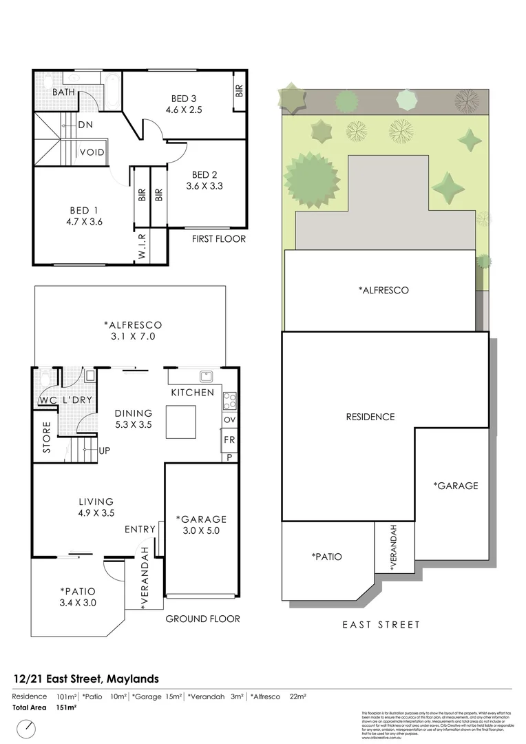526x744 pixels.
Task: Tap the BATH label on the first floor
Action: tap(64, 91)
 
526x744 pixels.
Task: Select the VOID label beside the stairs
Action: tap(92, 152)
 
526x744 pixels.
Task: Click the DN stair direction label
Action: tap(85, 125)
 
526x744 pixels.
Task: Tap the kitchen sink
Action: tap(205, 376)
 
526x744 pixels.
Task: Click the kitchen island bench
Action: tap(180, 422)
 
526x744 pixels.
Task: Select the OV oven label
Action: tap(229, 420)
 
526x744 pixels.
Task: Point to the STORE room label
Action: tap(47, 437)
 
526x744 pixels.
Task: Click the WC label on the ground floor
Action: tap(47, 400)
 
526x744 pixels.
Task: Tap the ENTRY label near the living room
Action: tap(140, 529)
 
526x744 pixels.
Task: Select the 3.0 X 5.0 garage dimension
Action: tap(201, 530)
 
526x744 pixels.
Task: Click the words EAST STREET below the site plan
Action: tap(381, 625)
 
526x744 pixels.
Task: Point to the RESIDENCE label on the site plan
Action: tap(370, 417)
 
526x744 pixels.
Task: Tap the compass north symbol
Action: tap(28, 727)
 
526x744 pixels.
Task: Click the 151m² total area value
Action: tap(66, 707)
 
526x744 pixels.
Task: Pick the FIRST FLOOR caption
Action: tap(218, 239)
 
